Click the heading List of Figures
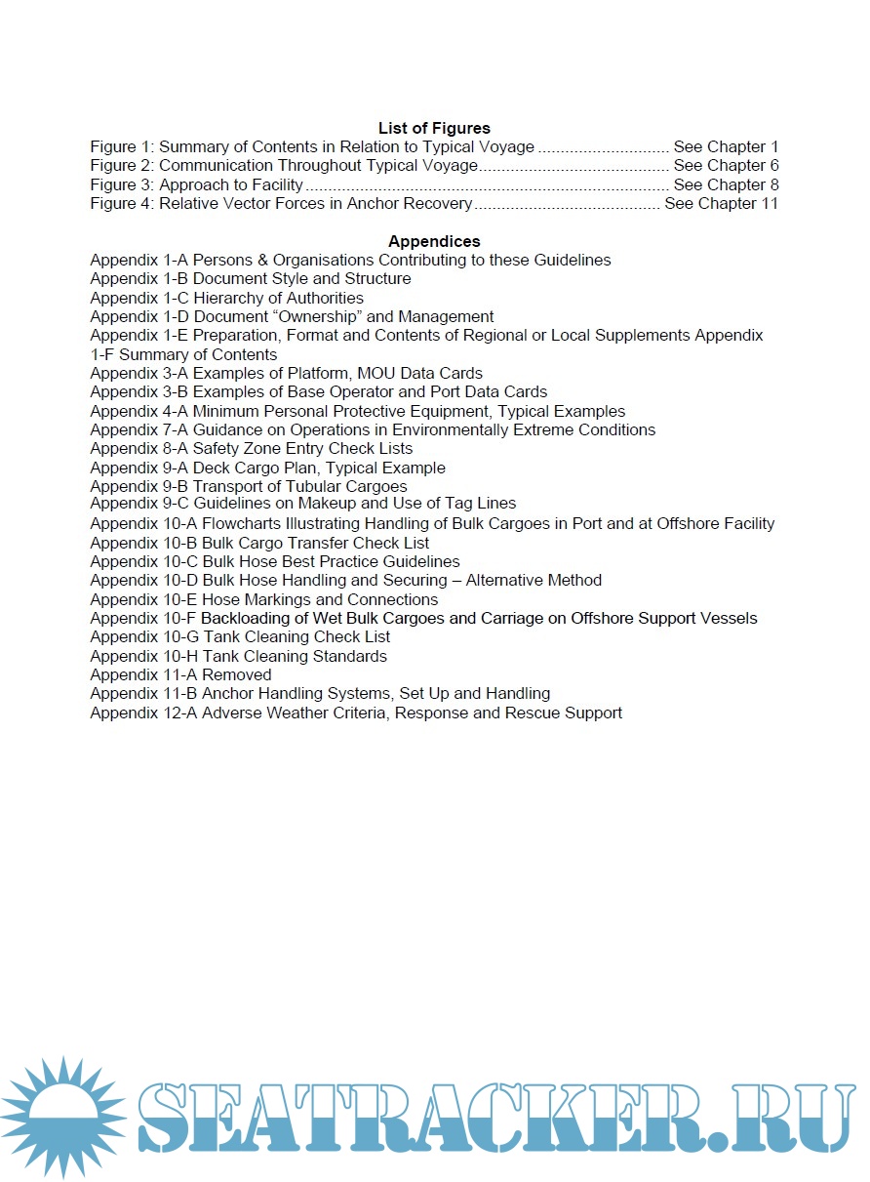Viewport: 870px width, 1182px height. pos(434,128)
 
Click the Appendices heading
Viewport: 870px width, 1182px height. pos(434,241)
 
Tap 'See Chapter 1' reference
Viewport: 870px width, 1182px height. pos(726,147)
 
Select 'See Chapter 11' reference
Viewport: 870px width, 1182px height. pos(721,204)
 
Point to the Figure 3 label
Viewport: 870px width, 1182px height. pos(121,184)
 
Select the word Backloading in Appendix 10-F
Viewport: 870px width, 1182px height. pos(243,619)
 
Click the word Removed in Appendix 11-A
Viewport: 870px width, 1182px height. pos(237,675)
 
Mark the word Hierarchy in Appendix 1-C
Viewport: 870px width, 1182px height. pos(226,298)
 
